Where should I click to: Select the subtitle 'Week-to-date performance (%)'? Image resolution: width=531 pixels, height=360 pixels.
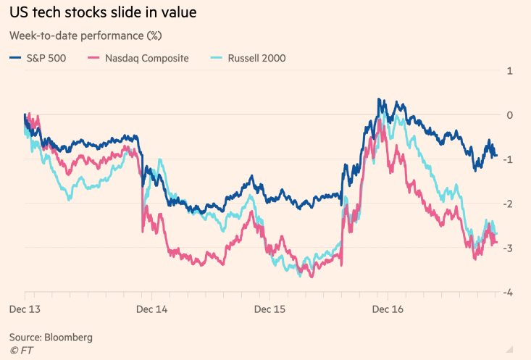click(85, 35)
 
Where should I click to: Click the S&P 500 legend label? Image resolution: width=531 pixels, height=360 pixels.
click(46, 58)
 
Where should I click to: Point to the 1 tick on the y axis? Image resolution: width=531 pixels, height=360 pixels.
click(510, 71)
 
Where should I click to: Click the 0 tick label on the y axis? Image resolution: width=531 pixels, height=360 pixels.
click(510, 115)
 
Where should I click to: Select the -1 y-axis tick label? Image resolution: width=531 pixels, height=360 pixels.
click(509, 159)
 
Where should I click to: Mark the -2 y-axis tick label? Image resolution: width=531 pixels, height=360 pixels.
click(509, 204)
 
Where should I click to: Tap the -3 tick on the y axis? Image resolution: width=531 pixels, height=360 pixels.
click(509, 248)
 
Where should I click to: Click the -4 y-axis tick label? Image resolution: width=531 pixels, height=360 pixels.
click(509, 292)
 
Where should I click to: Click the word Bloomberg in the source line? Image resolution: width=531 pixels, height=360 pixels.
click(68, 338)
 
